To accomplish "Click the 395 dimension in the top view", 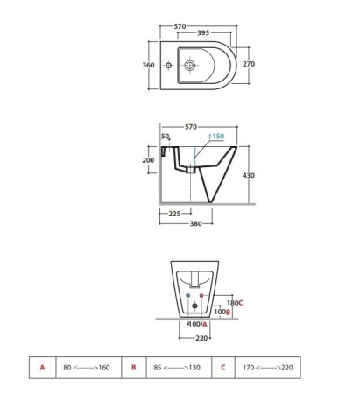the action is [x=203, y=32].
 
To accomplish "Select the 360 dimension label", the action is [x=148, y=65].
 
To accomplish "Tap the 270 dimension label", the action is [x=249, y=64].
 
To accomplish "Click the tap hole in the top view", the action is [x=168, y=65].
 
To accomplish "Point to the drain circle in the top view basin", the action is [x=190, y=65].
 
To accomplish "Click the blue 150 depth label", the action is [x=216, y=136].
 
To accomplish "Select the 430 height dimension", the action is [x=249, y=175].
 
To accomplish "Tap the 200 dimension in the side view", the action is [x=148, y=160].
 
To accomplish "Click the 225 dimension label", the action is [x=174, y=214].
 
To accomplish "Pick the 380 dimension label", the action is [x=196, y=223].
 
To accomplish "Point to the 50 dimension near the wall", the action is [x=165, y=136].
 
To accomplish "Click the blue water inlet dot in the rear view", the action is [x=188, y=296].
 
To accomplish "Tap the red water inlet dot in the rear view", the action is [x=201, y=296].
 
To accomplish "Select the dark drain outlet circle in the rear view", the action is [x=194, y=306].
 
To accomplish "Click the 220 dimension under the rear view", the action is [x=201, y=338].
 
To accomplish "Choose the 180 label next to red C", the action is [x=232, y=303].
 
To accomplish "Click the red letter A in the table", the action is [x=42, y=368].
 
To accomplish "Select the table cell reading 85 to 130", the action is [x=177, y=368].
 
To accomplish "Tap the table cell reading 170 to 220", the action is [x=268, y=368].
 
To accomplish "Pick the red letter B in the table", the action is [x=134, y=368].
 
